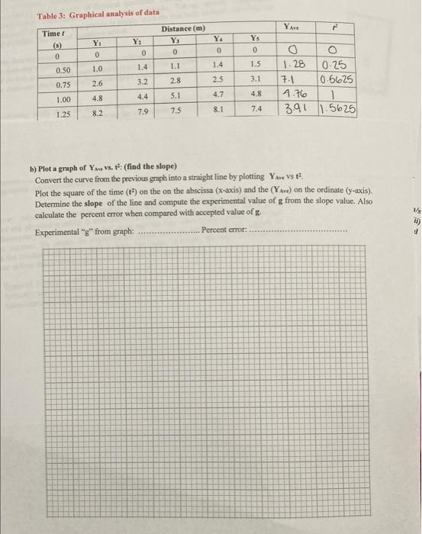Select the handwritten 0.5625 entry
[x=337, y=82]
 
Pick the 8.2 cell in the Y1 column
[x=97, y=112]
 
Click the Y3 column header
[x=176, y=40]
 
